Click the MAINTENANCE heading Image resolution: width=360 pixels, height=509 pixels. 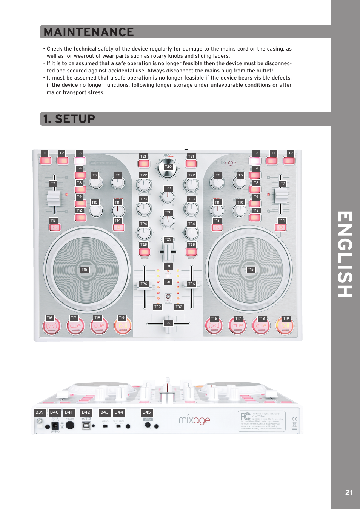(89, 32)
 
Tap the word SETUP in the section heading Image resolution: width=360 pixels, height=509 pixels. (75, 119)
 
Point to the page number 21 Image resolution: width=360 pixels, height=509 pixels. (349, 492)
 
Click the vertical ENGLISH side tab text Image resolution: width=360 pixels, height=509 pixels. (345, 254)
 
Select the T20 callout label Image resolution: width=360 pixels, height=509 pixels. (168, 167)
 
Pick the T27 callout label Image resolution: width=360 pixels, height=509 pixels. (168, 188)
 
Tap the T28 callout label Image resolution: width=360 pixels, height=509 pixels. (168, 212)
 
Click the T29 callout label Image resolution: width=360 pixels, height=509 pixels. (168, 239)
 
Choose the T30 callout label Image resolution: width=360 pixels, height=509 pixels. (168, 266)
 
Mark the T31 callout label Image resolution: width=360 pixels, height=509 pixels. (168, 282)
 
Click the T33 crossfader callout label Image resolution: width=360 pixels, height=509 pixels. (168, 323)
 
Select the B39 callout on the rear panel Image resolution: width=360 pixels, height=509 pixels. (40, 412)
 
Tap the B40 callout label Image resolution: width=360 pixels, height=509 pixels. (54, 412)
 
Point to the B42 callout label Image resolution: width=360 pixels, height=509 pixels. (86, 412)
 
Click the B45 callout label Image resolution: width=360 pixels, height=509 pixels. (146, 412)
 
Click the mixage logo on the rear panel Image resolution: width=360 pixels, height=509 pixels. (194, 420)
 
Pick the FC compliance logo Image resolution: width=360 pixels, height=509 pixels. (245, 417)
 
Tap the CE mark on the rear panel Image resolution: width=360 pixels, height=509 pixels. (295, 419)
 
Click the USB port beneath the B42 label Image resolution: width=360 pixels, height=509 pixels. (86, 426)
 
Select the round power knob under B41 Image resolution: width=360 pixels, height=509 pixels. (70, 425)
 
